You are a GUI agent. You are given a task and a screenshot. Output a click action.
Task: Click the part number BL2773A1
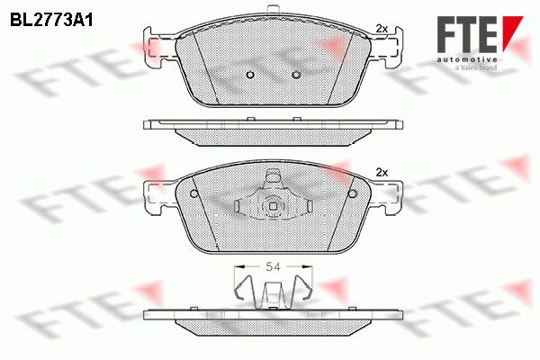[x=51, y=21]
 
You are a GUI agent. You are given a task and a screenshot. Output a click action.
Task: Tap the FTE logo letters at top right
[x=467, y=34]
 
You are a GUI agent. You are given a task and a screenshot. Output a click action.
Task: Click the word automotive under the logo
[x=467, y=59]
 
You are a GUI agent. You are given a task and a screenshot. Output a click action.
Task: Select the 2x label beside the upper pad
[x=382, y=29]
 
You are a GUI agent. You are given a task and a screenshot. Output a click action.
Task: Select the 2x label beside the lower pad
[x=382, y=172]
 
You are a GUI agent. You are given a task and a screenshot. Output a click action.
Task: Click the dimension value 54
[x=273, y=266]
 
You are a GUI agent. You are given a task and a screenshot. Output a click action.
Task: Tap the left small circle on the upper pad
[x=250, y=75]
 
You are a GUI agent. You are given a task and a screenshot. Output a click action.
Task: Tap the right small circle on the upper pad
[x=295, y=75]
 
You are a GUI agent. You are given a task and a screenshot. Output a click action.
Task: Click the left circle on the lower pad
[x=194, y=193]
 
